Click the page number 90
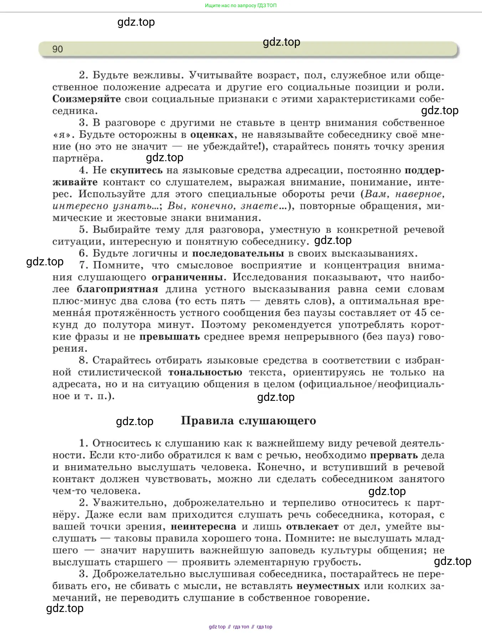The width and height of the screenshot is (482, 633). tap(57, 49)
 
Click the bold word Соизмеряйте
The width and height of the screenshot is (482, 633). tap(87, 99)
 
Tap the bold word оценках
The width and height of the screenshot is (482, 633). tap(212, 135)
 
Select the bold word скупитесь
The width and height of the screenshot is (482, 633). tap(136, 170)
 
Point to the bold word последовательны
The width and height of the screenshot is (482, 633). tap(238, 254)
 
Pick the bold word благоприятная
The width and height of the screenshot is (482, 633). tap(117, 289)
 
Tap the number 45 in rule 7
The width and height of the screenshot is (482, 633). tap(421, 313)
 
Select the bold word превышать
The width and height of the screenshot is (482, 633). tap(169, 337)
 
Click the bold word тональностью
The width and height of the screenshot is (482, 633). tap(205, 373)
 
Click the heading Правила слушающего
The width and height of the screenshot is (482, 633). tap(248, 421)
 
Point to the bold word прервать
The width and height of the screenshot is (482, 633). tap(394, 455)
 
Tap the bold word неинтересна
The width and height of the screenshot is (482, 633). tap(203, 527)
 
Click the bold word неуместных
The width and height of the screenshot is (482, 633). tap(328, 586)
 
